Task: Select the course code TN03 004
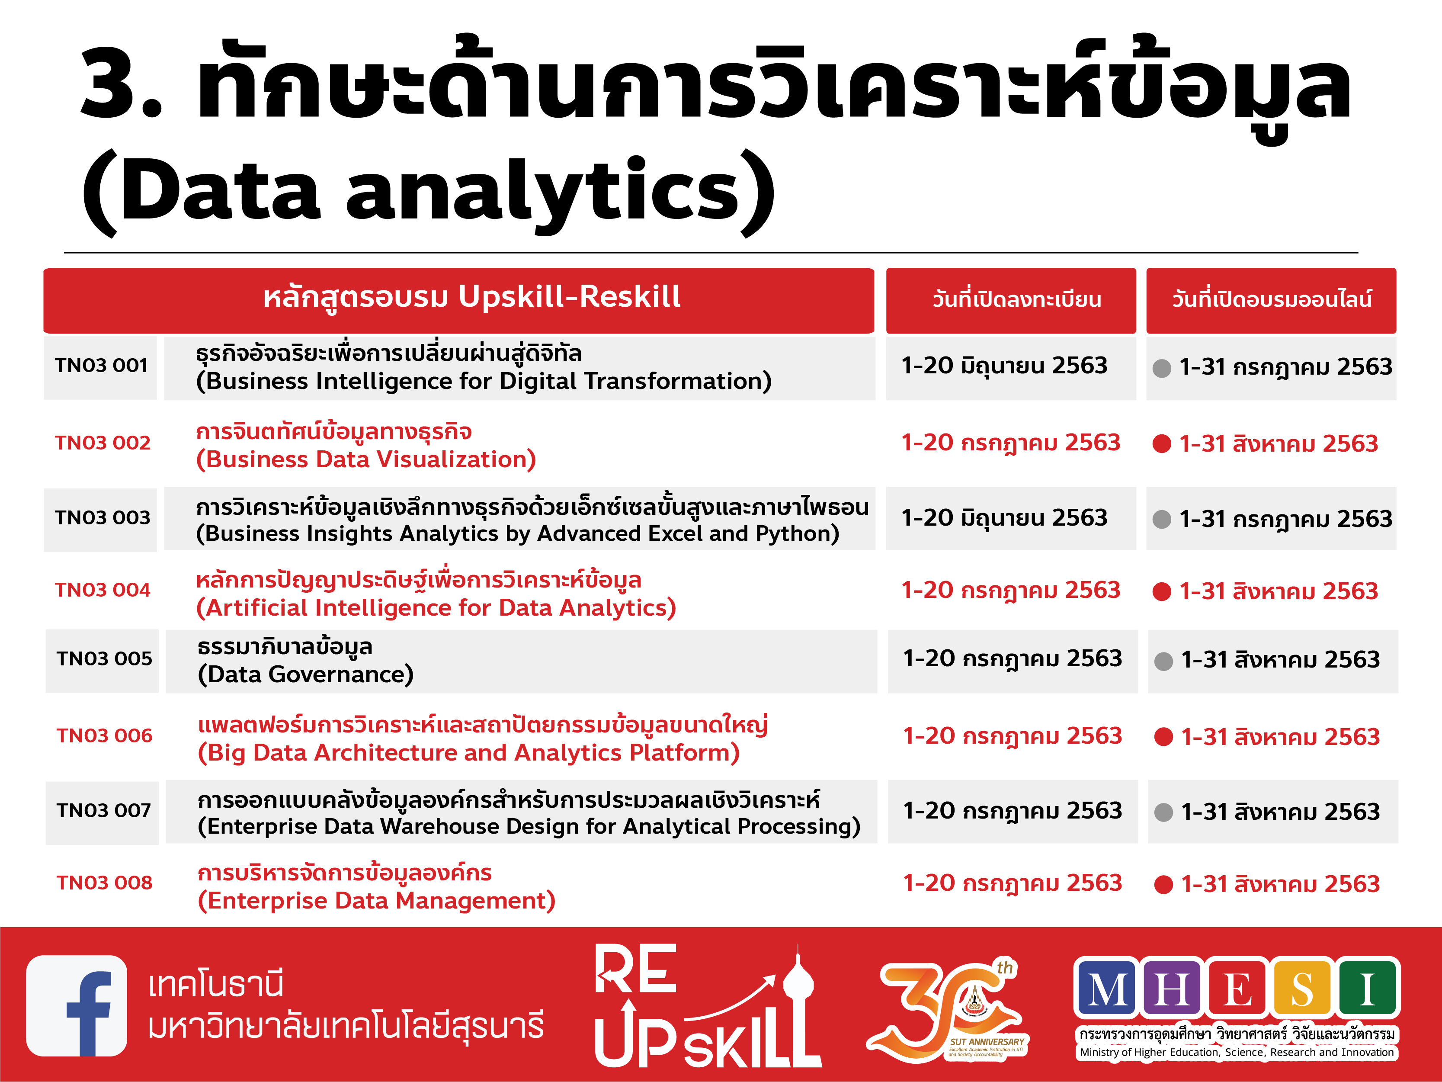point(103,590)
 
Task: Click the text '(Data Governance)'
point(306,674)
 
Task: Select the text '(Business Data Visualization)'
point(366,460)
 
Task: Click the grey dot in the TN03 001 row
point(1162,369)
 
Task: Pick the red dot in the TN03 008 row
point(1163,885)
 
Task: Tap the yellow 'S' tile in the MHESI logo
point(1302,988)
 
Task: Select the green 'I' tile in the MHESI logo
point(1367,988)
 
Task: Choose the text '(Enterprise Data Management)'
point(376,901)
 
